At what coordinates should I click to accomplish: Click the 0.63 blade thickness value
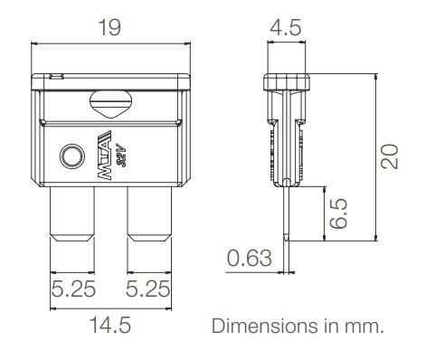[x=248, y=261]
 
